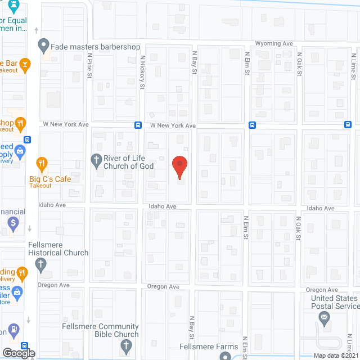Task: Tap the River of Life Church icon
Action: tap(96, 160)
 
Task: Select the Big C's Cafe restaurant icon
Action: tap(42, 164)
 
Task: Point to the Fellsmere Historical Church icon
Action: tap(41, 264)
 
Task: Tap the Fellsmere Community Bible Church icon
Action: tap(127, 344)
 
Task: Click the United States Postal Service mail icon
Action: tap(324, 318)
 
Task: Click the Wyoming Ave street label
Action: tap(274, 43)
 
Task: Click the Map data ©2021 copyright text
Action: tap(335, 355)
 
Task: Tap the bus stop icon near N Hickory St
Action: tap(138, 125)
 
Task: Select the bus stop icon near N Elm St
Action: tap(252, 125)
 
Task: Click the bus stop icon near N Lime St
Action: tap(349, 125)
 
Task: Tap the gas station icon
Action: tap(12, 329)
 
